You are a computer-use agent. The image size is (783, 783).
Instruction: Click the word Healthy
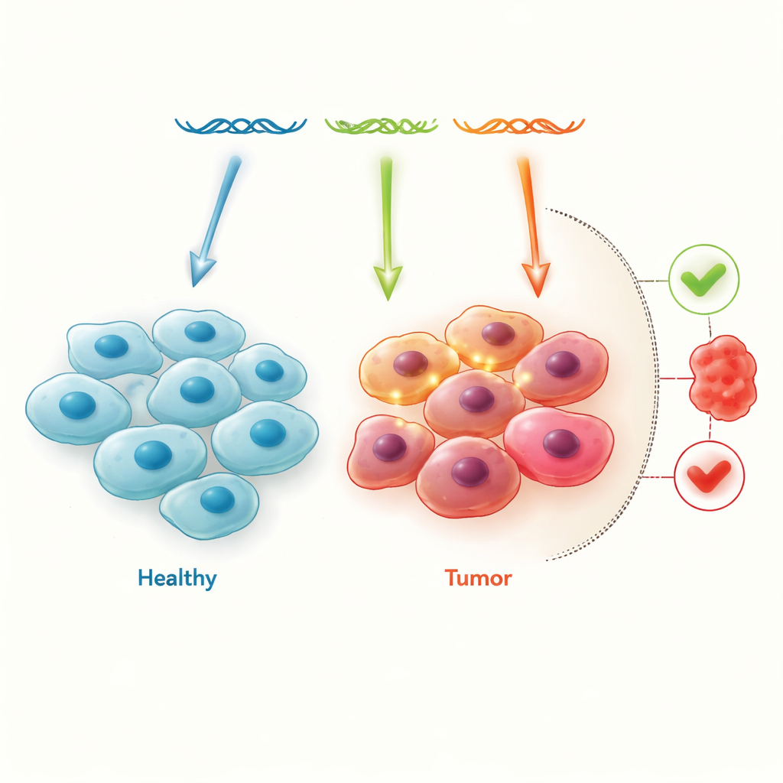click(x=177, y=578)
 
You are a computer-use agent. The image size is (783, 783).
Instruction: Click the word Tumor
click(x=478, y=578)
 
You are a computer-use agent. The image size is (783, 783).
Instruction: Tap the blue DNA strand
click(x=241, y=125)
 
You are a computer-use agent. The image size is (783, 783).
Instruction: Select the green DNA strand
click(x=381, y=125)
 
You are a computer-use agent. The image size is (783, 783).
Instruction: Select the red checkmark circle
click(x=709, y=476)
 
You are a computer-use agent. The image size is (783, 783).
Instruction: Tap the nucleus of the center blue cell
click(x=197, y=389)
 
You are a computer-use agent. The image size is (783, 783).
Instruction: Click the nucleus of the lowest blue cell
click(x=216, y=500)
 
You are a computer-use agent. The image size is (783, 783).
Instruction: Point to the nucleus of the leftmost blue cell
click(x=77, y=405)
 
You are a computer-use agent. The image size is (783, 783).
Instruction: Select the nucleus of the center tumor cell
click(x=476, y=398)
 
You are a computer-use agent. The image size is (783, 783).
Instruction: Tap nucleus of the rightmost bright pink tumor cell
click(x=560, y=443)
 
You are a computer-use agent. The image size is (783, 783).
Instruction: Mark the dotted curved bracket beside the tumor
click(x=642, y=382)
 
